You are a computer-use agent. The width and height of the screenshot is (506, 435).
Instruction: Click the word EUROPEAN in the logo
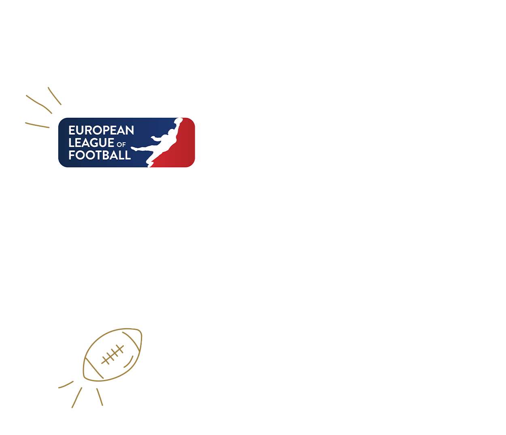pyautogui.click(x=101, y=130)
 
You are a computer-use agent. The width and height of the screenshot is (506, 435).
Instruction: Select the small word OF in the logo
pyautogui.click(x=121, y=144)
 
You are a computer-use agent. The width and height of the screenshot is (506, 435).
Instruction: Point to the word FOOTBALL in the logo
pyautogui.click(x=100, y=155)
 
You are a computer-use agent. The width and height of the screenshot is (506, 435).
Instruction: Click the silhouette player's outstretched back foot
pyautogui.click(x=134, y=149)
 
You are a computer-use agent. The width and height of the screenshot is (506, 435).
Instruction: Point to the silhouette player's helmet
pyautogui.click(x=171, y=132)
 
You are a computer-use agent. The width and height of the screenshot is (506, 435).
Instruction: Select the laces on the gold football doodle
pyautogui.click(x=113, y=354)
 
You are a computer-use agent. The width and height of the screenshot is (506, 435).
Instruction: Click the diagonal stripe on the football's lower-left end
pyautogui.click(x=94, y=368)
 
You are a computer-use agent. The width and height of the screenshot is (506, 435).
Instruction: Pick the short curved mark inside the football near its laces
pyautogui.click(x=129, y=362)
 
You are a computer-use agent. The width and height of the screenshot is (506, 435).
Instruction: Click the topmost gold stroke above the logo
pyautogui.click(x=54, y=96)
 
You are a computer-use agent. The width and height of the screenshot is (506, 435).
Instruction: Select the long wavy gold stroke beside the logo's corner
pyautogui.click(x=39, y=104)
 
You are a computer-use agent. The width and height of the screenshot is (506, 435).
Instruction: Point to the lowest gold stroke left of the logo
pyautogui.click(x=37, y=125)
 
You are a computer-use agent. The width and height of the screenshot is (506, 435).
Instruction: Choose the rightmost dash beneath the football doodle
pyautogui.click(x=100, y=397)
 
